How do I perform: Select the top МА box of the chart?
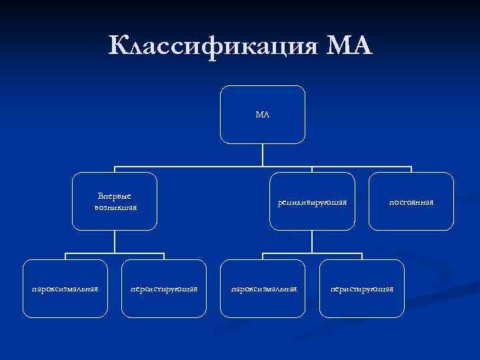point(263,115)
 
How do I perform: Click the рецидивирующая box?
point(313,201)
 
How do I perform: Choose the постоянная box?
point(411,201)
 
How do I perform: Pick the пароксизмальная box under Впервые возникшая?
point(65,288)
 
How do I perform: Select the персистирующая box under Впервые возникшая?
point(164,288)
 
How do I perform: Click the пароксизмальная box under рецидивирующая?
point(263,288)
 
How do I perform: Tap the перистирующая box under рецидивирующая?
point(362,288)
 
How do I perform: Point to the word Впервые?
point(115,196)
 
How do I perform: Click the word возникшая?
point(115,207)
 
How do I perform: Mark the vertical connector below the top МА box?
point(263,155)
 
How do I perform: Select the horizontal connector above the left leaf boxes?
point(115,254)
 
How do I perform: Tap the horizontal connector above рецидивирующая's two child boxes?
point(313,254)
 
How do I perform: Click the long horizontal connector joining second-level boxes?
point(200,167)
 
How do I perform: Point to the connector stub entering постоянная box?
point(411,169)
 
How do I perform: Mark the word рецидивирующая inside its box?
point(313,202)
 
